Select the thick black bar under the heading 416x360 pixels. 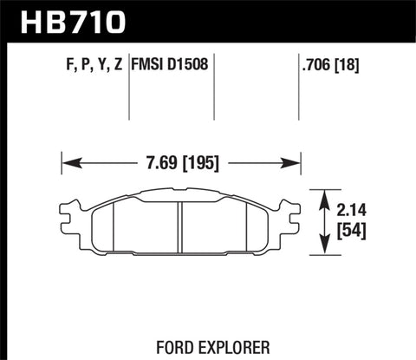(x=208, y=37)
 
